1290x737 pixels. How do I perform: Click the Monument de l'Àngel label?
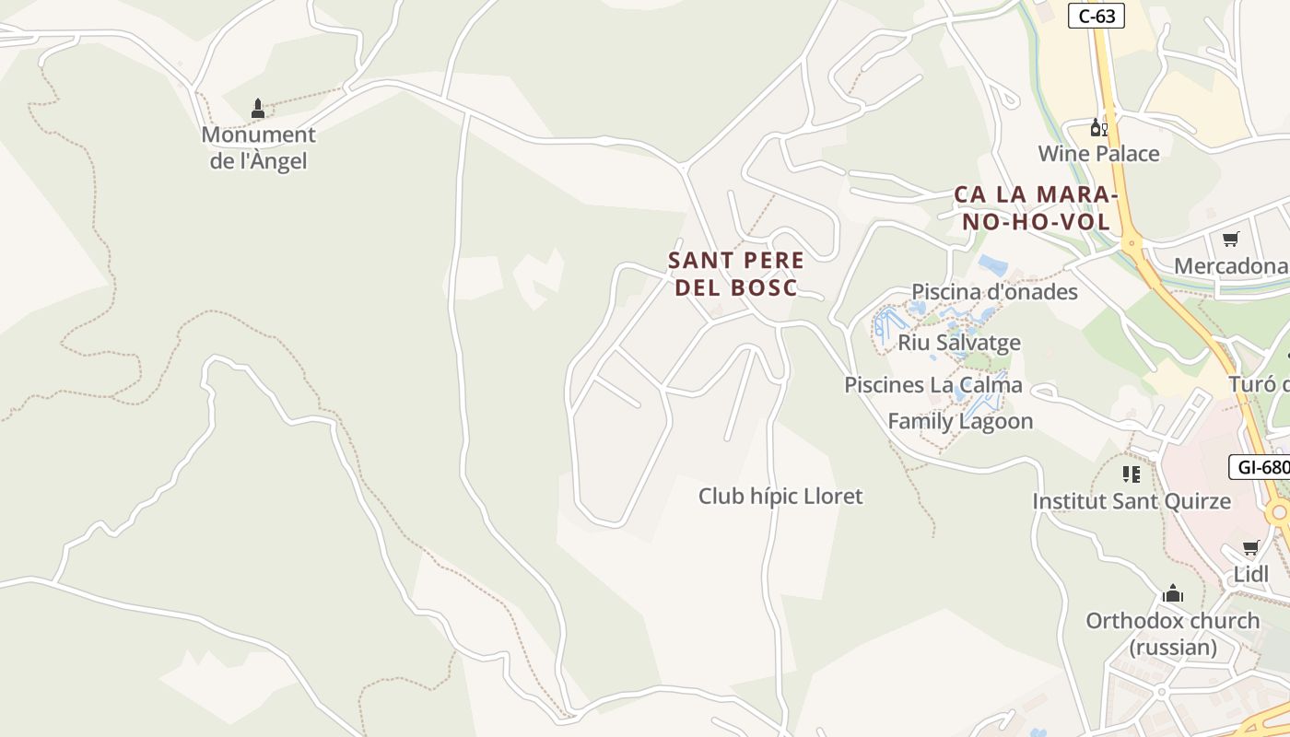258,147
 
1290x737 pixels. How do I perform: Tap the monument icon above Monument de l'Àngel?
258,109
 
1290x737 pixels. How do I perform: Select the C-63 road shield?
1096,15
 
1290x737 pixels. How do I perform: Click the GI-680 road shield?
1261,467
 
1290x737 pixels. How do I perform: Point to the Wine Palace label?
1098,153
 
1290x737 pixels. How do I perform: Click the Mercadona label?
1230,266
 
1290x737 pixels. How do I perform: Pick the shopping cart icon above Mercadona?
1230,240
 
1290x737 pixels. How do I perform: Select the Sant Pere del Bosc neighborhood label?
736,274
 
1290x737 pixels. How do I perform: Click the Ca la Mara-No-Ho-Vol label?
1036,208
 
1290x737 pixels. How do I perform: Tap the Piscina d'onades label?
994,292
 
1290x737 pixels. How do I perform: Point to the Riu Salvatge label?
959,343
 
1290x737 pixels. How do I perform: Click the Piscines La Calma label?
932,384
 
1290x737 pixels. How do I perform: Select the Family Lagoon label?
960,421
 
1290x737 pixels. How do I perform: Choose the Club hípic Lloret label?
780,497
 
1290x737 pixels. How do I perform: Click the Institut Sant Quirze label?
1131,501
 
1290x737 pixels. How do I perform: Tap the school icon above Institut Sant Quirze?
1131,474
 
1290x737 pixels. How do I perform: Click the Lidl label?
1251,575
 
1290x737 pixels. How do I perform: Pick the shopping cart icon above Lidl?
1251,548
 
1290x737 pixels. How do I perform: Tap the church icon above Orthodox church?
1172,592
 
